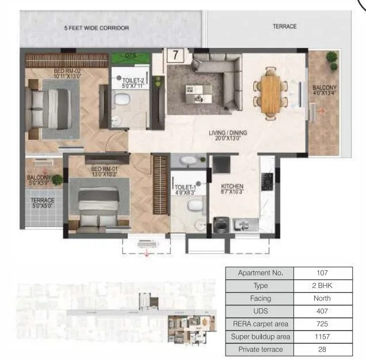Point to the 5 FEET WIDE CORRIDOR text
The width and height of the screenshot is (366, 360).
click(x=97, y=28)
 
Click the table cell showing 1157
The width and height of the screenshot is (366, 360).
click(x=322, y=336)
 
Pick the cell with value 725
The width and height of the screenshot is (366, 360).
click(x=322, y=324)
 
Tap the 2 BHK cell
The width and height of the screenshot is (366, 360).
click(x=322, y=285)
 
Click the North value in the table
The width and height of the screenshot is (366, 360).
click(x=322, y=298)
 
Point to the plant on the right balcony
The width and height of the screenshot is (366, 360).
click(x=332, y=58)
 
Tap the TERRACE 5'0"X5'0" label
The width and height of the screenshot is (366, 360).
click(x=43, y=203)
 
